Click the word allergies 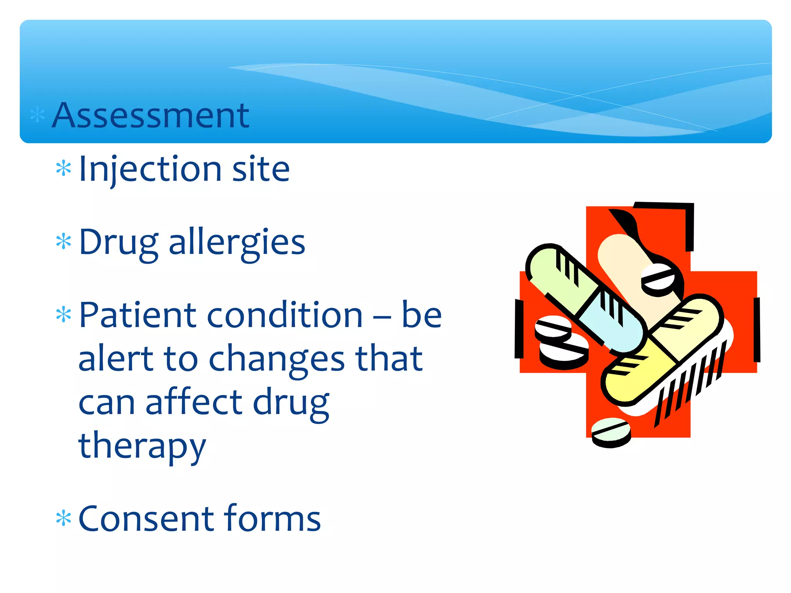click(237, 242)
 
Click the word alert click(115, 358)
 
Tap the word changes click(277, 359)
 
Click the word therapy click(142, 446)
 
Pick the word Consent click(147, 518)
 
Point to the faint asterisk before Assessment click(37, 115)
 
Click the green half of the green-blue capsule click(556, 278)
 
